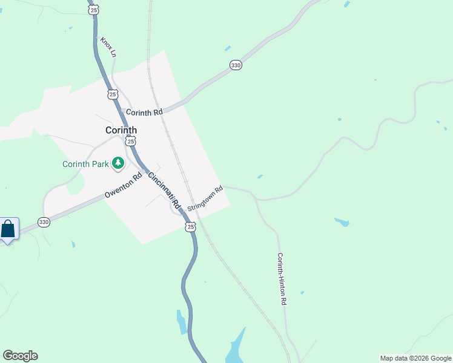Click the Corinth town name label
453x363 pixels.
(x=121, y=130)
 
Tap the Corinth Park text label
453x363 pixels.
(x=85, y=163)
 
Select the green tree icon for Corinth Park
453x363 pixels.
(x=119, y=163)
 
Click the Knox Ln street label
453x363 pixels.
(x=108, y=46)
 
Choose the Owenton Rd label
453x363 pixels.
(x=123, y=186)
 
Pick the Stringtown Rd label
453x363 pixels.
(x=205, y=198)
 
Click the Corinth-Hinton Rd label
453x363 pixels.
(x=282, y=278)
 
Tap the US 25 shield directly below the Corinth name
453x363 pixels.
(x=131, y=141)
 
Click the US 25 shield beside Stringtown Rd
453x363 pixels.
(x=191, y=226)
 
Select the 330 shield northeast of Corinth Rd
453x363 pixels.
(x=236, y=65)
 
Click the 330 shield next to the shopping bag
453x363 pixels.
(x=44, y=222)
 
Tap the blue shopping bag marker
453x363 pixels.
(x=8, y=229)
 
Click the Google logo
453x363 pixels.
(x=20, y=356)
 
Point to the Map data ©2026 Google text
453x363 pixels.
(x=415, y=358)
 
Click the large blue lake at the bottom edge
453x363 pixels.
(x=235, y=349)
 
